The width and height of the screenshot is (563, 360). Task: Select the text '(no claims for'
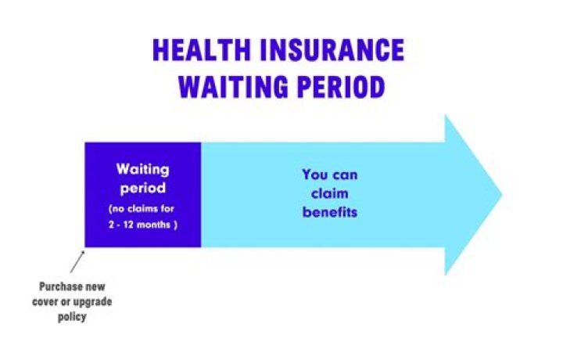[x=143, y=210]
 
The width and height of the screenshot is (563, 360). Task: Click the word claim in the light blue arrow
[x=329, y=193]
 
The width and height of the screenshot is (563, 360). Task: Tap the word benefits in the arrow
[x=329, y=212]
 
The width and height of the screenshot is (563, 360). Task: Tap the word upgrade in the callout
[x=92, y=303]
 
